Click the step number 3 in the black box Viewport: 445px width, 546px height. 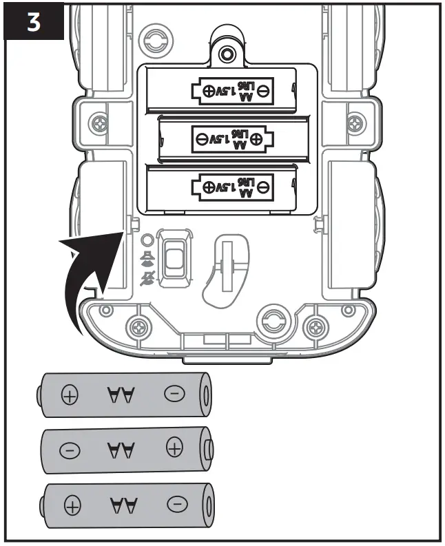tap(33, 21)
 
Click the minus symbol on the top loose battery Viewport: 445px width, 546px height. tap(174, 394)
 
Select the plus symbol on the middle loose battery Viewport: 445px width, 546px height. tap(175, 450)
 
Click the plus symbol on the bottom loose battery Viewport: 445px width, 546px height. tap(71, 506)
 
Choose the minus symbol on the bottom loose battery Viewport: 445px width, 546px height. tap(176, 505)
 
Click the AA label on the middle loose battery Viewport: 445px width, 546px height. tap(122, 450)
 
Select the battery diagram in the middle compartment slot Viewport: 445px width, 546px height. tap(227, 138)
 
